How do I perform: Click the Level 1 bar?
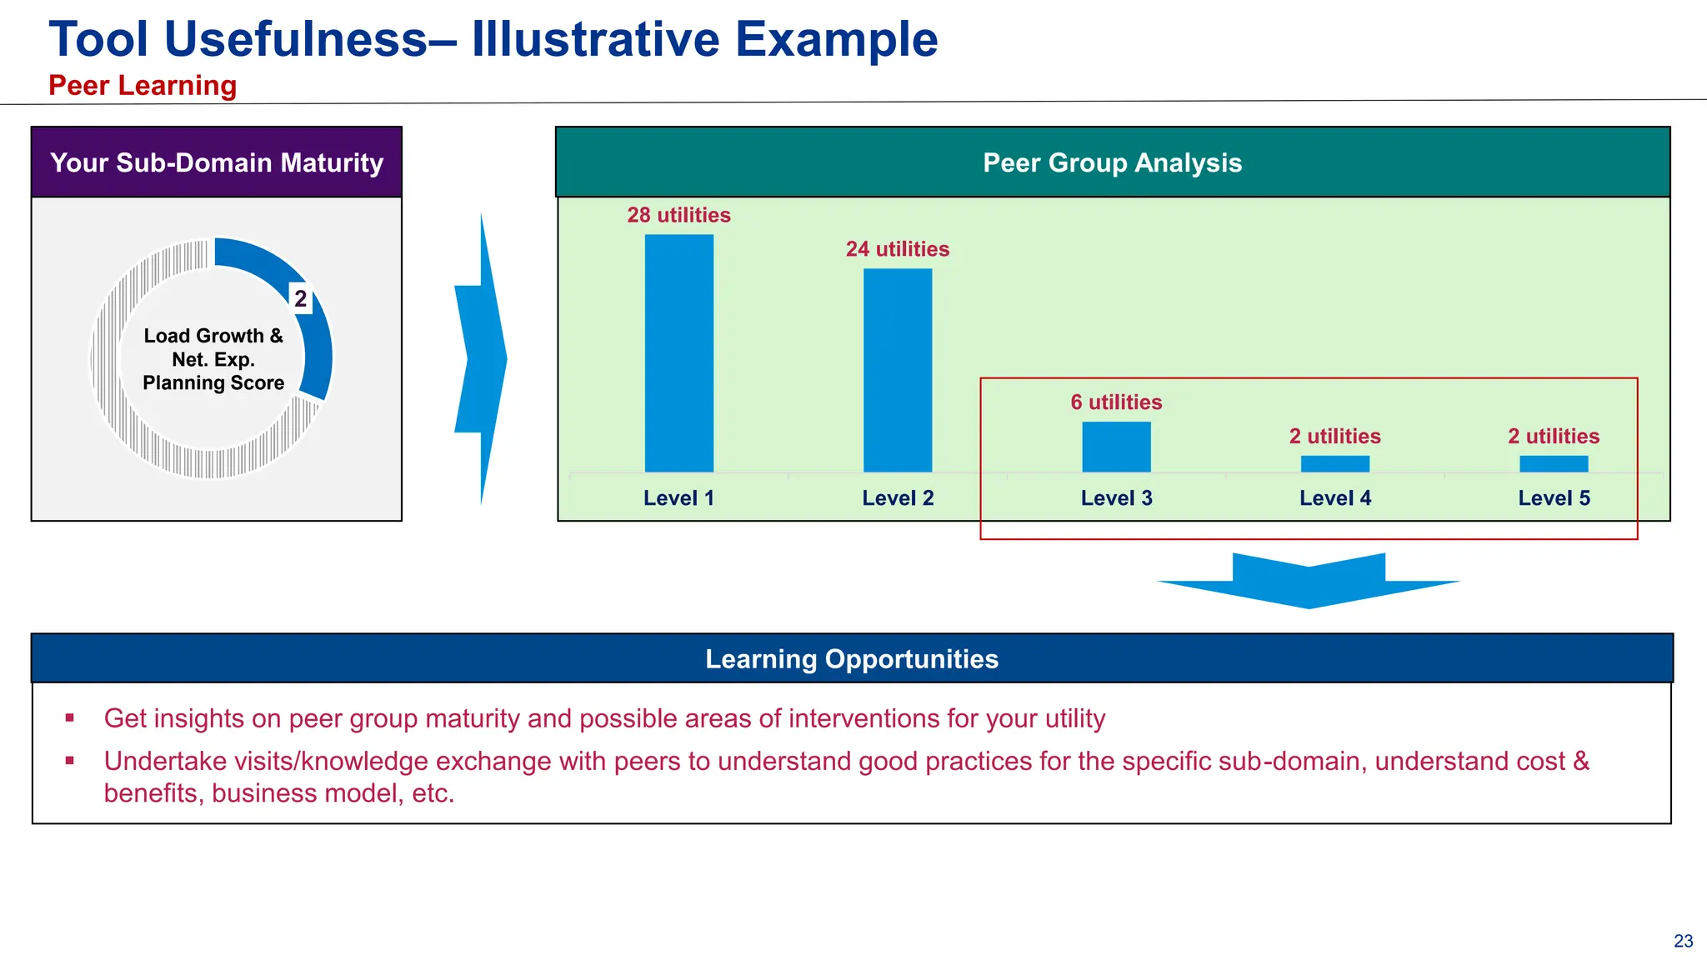pos(678,353)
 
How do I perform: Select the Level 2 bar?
pos(897,370)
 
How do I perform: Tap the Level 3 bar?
pos(1116,447)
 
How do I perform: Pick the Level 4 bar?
pos(1334,464)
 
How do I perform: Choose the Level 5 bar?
pos(1553,464)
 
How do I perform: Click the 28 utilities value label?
pos(678,215)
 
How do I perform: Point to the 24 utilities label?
pos(897,249)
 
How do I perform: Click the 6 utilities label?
pos(1116,402)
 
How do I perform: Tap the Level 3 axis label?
pos(1116,498)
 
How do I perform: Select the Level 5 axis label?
pos(1554,498)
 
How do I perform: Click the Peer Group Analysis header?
pos(1112,162)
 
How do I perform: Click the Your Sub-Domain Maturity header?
pos(217,162)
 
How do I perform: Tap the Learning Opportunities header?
pos(851,659)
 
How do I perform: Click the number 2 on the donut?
pos(300,298)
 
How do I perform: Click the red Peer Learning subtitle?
pos(143,86)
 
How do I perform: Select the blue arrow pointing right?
pos(483,359)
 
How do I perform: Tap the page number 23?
pos(1683,941)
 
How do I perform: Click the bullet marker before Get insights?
pos(70,717)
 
